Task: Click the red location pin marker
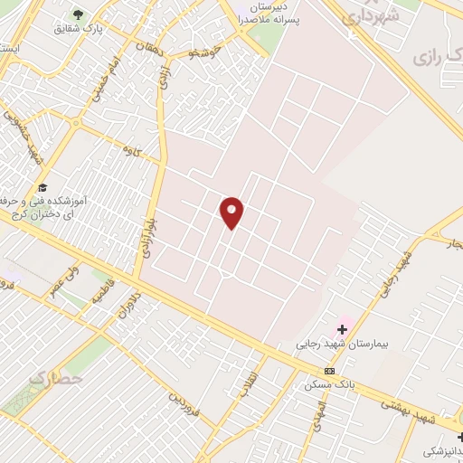[x=232, y=213]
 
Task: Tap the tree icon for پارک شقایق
[x=77, y=14]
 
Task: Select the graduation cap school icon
[x=43, y=186]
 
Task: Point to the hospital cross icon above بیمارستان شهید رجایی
[x=342, y=329]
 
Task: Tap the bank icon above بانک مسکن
[x=329, y=371]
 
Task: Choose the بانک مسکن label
[x=332, y=384]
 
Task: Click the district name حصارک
[x=56, y=377]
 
